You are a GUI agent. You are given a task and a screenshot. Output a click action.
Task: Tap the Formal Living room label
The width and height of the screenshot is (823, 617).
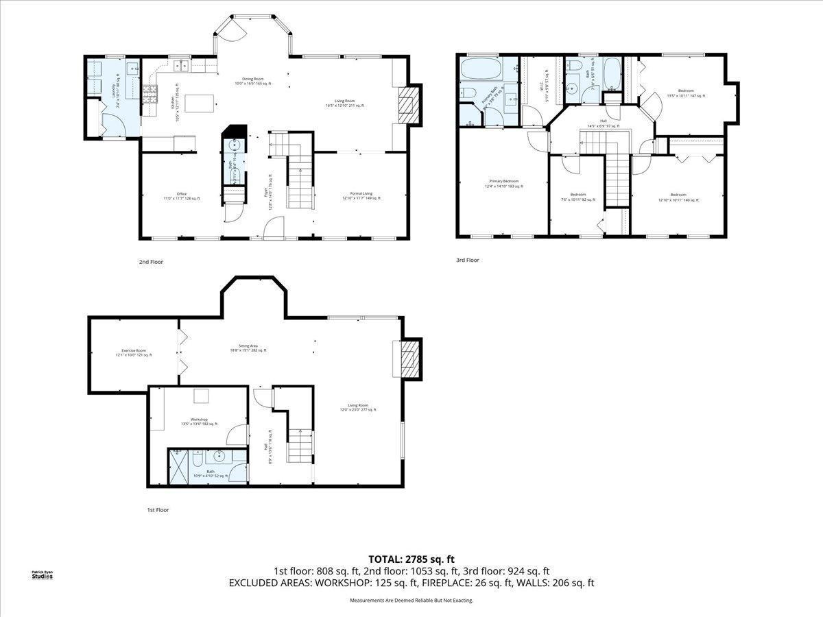[x=361, y=197]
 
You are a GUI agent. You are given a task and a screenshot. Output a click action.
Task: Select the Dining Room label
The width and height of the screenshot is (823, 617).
[x=253, y=81]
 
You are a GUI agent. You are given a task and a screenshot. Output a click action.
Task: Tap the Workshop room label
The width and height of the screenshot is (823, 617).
[x=199, y=422]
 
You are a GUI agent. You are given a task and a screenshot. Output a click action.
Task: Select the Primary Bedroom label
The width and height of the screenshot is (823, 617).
[x=503, y=184]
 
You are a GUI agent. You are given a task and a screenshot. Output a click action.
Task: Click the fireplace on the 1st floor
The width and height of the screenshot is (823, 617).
[x=409, y=359]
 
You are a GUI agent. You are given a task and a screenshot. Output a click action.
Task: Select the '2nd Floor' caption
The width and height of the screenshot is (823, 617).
[x=151, y=262]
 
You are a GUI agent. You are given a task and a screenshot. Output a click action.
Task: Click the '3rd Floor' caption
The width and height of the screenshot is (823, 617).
[x=468, y=261]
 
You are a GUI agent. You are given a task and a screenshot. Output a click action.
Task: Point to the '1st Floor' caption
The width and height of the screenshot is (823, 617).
[x=158, y=510]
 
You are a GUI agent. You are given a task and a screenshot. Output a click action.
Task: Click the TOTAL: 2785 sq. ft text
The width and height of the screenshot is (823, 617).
[x=411, y=559]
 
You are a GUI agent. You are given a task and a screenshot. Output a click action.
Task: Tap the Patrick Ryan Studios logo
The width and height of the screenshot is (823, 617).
[x=42, y=574]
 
